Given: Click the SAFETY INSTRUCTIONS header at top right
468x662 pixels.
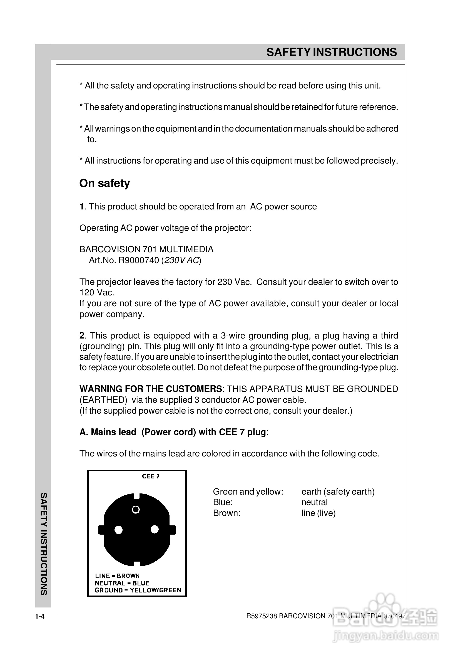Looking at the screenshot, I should pyautogui.click(x=331, y=52).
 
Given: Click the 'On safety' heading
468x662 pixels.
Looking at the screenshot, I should pyautogui.click(x=104, y=184).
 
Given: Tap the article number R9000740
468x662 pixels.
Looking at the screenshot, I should pyautogui.click(x=139, y=260).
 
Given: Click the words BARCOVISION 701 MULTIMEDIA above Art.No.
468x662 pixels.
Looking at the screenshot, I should pyautogui.click(x=146, y=250).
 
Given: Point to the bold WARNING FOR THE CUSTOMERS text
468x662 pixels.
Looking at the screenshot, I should pyautogui.click(x=150, y=389).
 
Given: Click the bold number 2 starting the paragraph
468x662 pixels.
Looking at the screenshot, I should pyautogui.click(x=82, y=336).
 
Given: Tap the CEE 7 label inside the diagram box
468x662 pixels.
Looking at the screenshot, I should pyautogui.click(x=151, y=476).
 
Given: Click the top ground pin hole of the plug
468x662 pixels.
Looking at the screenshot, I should pyautogui.click(x=136, y=510).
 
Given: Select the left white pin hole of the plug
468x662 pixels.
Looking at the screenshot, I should pyautogui.click(x=118, y=530).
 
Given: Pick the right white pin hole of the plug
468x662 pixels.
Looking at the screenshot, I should pyautogui.click(x=155, y=529).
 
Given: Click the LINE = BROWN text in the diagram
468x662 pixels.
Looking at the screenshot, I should pyautogui.click(x=117, y=576).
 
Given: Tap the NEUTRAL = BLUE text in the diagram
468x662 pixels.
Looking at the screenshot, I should pyautogui.click(x=122, y=583).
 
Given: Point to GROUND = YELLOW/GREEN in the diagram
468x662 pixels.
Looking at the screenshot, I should pyautogui.click(x=138, y=590).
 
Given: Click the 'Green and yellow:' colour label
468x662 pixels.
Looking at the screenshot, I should pyautogui.click(x=248, y=492).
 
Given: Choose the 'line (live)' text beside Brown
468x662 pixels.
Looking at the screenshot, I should pyautogui.click(x=318, y=513).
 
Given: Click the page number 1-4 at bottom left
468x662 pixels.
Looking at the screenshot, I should pyautogui.click(x=40, y=617).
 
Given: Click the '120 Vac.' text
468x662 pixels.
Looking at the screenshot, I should pyautogui.click(x=97, y=293).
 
